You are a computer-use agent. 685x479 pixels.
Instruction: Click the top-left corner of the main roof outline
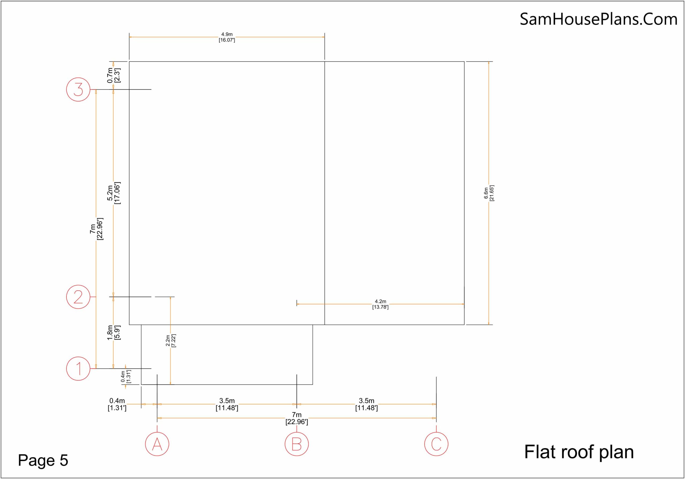129,62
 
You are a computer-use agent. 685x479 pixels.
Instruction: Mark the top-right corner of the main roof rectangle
464,62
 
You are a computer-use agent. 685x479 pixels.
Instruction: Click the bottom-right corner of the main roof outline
464,325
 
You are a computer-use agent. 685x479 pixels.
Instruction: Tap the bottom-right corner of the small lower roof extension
313,385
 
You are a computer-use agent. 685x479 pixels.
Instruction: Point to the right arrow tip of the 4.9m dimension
325,37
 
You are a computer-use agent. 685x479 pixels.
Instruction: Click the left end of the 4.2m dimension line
296,304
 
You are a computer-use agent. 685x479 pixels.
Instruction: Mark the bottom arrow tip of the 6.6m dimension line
489,325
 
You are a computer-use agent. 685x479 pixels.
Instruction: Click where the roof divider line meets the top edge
325,62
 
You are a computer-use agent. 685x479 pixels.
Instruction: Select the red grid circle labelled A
157,444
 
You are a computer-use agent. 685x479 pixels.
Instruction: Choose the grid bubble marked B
296,444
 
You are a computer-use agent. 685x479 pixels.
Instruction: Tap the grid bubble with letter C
436,444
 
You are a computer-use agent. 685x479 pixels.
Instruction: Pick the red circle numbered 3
78,89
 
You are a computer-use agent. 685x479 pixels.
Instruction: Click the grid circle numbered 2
78,297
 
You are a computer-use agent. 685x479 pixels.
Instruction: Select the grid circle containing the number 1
78,368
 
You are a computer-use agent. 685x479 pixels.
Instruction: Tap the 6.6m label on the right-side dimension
489,193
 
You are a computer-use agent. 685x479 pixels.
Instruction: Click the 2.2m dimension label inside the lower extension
171,341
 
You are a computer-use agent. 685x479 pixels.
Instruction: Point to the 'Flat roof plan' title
579,452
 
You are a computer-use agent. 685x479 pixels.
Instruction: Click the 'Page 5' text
43,460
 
